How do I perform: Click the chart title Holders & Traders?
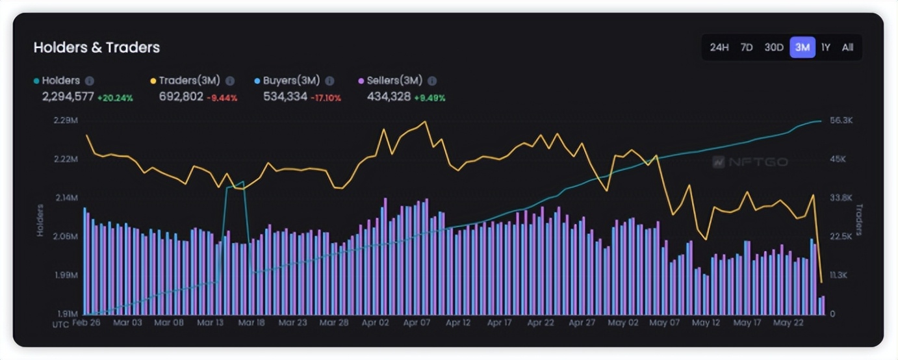click(x=96, y=47)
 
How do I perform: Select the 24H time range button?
click(x=719, y=47)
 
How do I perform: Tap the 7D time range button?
click(x=747, y=47)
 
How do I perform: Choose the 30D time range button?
click(x=773, y=47)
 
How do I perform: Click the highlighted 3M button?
click(x=802, y=47)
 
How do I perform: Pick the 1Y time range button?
click(x=825, y=47)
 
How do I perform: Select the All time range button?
click(x=847, y=47)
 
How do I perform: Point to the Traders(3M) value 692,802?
click(x=181, y=97)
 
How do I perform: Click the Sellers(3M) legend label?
click(x=394, y=81)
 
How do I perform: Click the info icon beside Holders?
click(x=90, y=81)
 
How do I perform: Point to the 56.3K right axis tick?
click(x=841, y=121)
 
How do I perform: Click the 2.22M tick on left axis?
click(x=66, y=159)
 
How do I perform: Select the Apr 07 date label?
click(x=417, y=322)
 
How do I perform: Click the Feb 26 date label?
click(x=86, y=322)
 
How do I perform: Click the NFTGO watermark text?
click(x=756, y=162)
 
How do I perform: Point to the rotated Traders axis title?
click(x=858, y=219)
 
